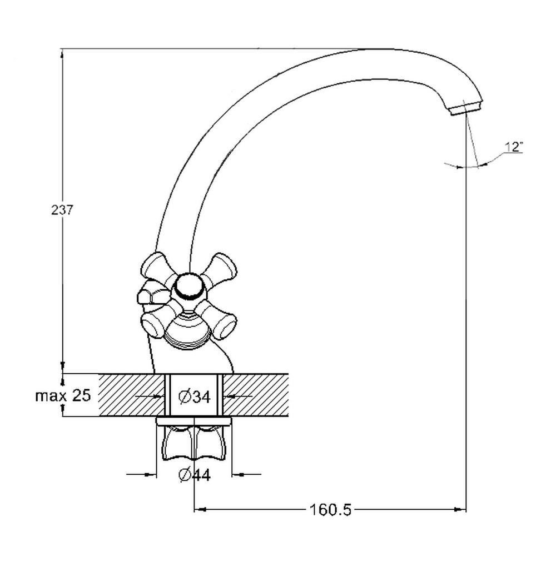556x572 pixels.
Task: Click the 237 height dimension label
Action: point(62,210)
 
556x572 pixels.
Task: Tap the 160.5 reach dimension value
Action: point(330,510)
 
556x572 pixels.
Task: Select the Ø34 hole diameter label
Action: point(195,397)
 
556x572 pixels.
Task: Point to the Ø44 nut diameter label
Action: point(195,475)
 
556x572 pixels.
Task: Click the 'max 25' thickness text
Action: point(63,395)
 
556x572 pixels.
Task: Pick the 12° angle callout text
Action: point(514,147)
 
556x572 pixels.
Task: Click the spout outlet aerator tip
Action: point(467,108)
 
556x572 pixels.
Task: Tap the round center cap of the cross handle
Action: point(189,287)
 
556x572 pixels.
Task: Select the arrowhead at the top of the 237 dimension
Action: point(62,54)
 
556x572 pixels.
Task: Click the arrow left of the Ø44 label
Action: point(141,475)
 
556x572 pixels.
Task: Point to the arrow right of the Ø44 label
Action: point(246,475)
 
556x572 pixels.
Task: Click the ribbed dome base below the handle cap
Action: point(187,329)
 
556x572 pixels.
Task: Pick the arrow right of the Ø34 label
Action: point(238,396)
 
